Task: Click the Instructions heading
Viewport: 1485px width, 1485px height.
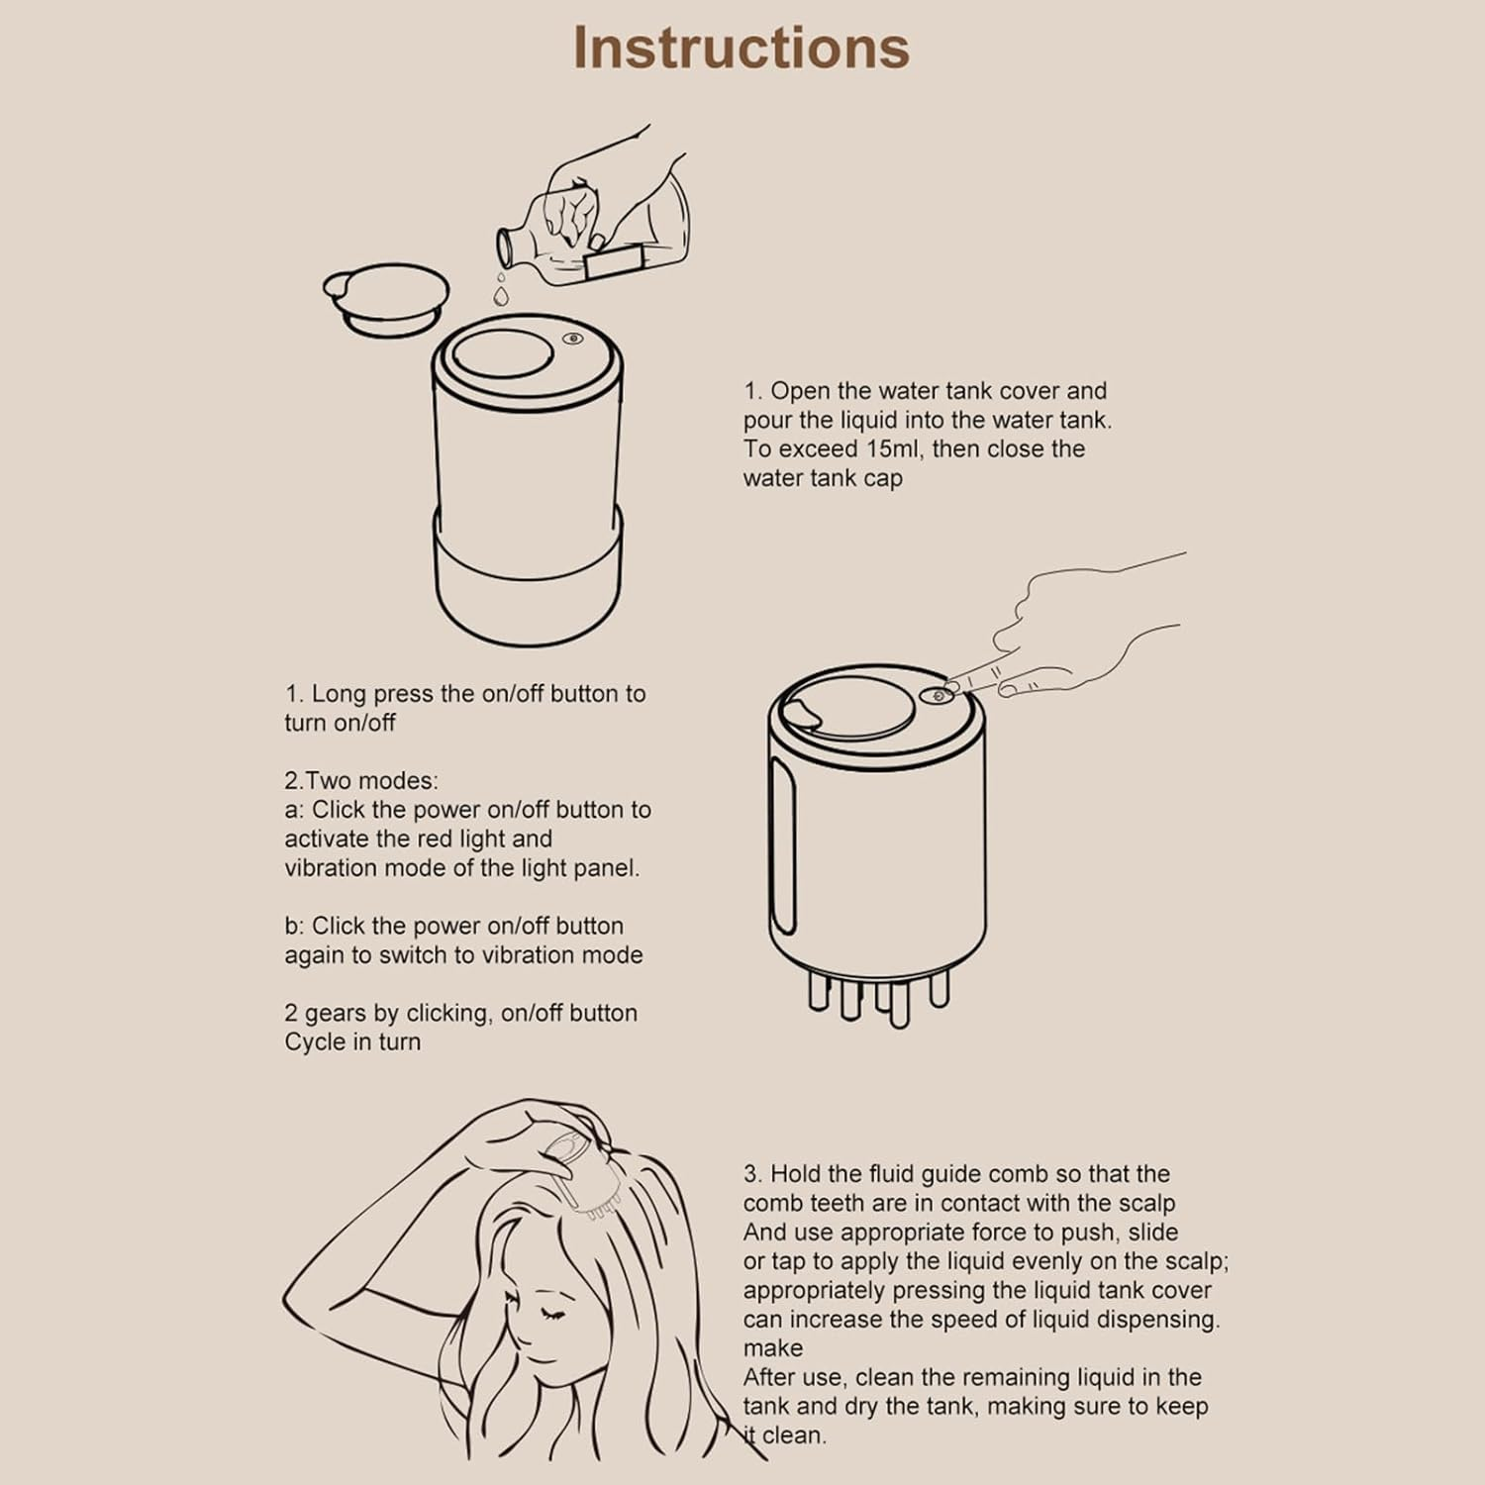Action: [x=741, y=48]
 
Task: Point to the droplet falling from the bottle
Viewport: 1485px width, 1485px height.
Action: [x=501, y=294]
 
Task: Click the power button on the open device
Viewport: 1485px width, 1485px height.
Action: [x=573, y=339]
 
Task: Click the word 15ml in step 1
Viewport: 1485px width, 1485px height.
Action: [x=893, y=449]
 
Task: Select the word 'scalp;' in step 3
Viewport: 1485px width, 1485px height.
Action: [x=1194, y=1262]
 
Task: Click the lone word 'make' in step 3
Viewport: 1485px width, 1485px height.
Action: [x=773, y=1348]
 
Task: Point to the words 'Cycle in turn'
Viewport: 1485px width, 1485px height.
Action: [x=352, y=1042]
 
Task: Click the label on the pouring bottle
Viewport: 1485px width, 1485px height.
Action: [x=614, y=263]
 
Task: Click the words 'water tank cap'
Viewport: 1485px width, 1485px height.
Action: [x=823, y=479]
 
